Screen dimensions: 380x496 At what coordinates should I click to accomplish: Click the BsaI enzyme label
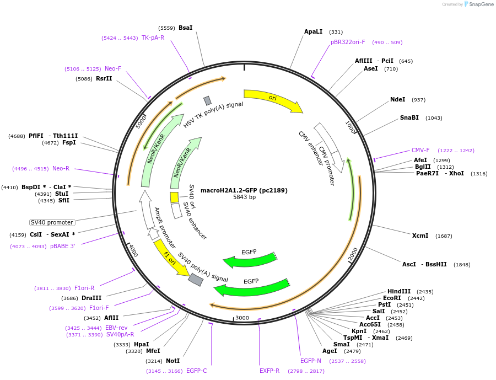pyautogui.click(x=185, y=28)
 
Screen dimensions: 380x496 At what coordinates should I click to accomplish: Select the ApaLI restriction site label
pyautogui.click(x=313, y=31)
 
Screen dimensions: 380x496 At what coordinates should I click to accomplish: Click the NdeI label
pyautogui.click(x=397, y=99)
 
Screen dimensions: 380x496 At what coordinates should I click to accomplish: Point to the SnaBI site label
pyautogui.click(x=409, y=117)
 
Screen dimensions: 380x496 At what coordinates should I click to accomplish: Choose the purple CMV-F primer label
pyautogui.click(x=420, y=150)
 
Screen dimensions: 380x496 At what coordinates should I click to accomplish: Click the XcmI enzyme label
pyautogui.click(x=420, y=236)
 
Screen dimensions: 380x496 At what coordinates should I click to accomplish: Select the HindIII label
pyautogui.click(x=398, y=291)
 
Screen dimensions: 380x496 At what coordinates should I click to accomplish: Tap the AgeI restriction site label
pyautogui.click(x=330, y=351)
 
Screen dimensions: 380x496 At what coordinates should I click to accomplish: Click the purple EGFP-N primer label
pyautogui.click(x=310, y=361)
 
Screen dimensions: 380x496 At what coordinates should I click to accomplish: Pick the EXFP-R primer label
pyautogui.click(x=269, y=371)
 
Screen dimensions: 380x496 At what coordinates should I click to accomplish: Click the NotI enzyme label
pyautogui.click(x=172, y=361)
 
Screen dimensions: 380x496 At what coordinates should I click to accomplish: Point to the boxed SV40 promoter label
pyautogui.click(x=52, y=222)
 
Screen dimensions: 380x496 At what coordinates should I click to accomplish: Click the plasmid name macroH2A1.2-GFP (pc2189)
pyautogui.click(x=244, y=190)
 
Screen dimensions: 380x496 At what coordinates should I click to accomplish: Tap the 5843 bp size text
pyautogui.click(x=244, y=197)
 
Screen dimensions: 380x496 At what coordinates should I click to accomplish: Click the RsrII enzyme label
pyautogui.click(x=104, y=78)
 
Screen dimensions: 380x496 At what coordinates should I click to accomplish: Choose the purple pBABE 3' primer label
pyautogui.click(x=62, y=246)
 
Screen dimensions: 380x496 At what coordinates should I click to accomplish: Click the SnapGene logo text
pyautogui.click(x=481, y=4)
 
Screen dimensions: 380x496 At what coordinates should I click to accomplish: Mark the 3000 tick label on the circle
pyautogui.click(x=242, y=318)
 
